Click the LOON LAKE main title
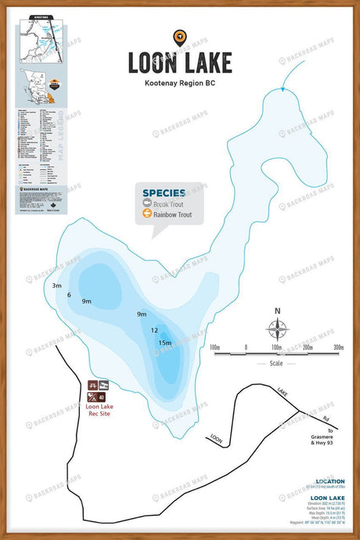pyautogui.click(x=181, y=62)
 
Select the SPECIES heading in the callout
pyautogui.click(x=164, y=192)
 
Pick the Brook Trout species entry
pyautogui.click(x=170, y=203)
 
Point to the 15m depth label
pyautogui.click(x=164, y=343)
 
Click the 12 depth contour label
pyautogui.click(x=154, y=330)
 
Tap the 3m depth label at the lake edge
pyautogui.click(x=56, y=286)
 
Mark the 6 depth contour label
pyautogui.click(x=69, y=295)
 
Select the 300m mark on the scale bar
pyautogui.click(x=338, y=347)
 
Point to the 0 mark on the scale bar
pyautogui.click(x=246, y=347)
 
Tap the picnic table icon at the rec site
pyautogui.click(x=93, y=385)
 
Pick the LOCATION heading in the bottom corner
pyautogui.click(x=329, y=481)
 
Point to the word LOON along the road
pyautogui.click(x=216, y=440)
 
